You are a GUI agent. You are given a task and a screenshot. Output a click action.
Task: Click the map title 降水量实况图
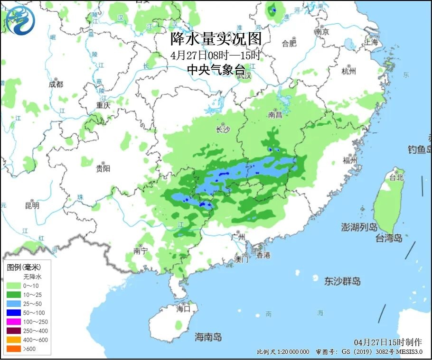(x=216, y=38)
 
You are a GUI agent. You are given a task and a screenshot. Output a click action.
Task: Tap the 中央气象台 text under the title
(x=216, y=70)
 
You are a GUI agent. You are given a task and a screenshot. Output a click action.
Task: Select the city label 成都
(x=56, y=84)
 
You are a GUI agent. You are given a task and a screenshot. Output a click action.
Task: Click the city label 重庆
(x=103, y=105)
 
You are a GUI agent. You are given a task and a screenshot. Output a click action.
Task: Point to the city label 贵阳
(x=103, y=168)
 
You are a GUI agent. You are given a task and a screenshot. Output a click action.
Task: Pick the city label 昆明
(x=32, y=205)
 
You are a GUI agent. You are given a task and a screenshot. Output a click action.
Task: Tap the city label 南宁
(x=141, y=251)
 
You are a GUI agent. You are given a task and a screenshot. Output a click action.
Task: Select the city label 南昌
(x=275, y=114)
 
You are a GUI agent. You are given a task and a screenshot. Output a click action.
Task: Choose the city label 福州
(x=350, y=160)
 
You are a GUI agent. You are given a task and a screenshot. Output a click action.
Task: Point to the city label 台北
(x=396, y=177)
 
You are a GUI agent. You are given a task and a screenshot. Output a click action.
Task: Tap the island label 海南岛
(x=208, y=337)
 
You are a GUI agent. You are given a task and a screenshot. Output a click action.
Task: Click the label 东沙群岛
(x=342, y=281)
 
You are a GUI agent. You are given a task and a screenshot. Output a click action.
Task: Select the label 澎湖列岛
(x=359, y=227)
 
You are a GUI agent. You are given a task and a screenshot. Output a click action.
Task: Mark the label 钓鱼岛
(x=419, y=150)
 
